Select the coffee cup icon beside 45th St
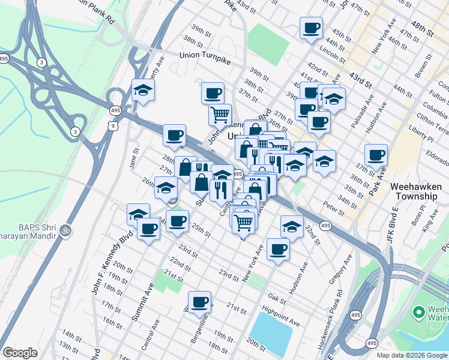tap(312, 28)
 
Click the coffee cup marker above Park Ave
tap(376, 155)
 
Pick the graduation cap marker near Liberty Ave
tap(143, 91)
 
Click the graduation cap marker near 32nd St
tap(292, 227)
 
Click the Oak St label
tap(277, 298)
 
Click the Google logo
tap(20, 353)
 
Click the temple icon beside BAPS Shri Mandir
tap(67, 230)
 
